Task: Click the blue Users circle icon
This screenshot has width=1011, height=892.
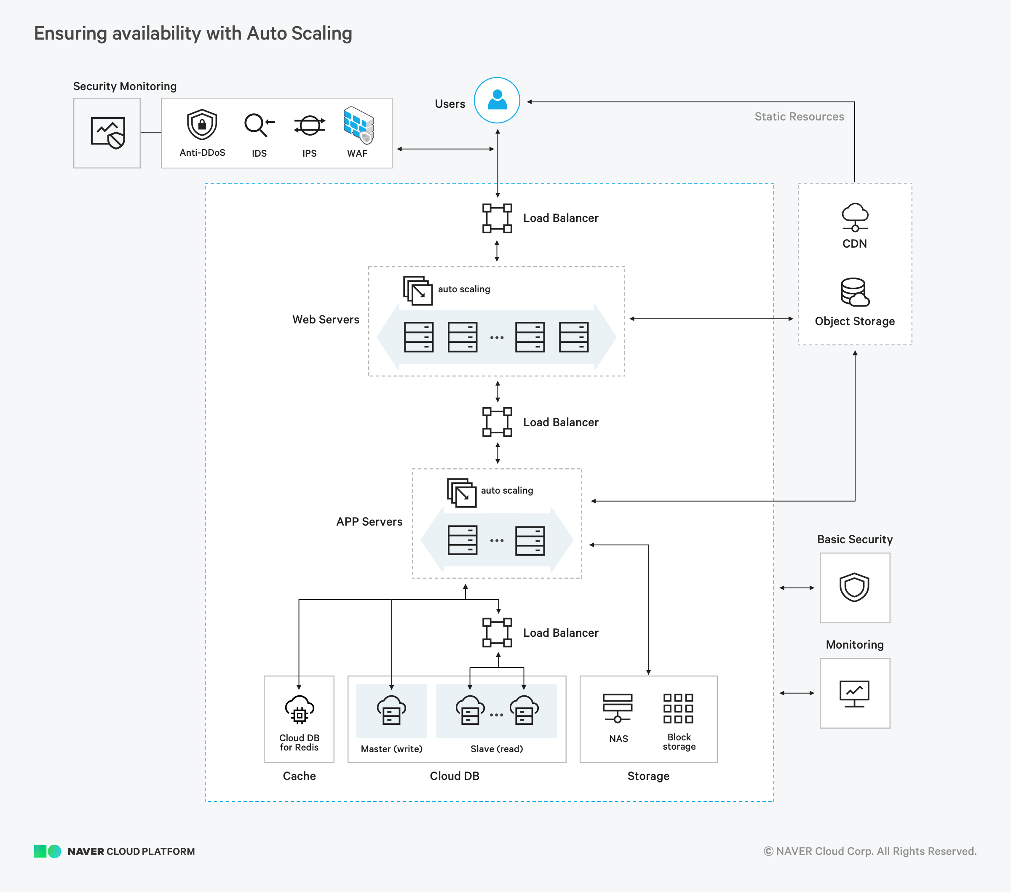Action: pos(497,100)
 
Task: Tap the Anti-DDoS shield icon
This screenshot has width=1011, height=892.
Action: pos(202,125)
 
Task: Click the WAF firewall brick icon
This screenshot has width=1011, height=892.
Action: pos(358,125)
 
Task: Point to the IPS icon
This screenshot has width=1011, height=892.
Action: pos(310,125)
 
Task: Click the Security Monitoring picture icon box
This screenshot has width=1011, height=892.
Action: pos(107,133)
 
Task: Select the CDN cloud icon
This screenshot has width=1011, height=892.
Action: pos(855,217)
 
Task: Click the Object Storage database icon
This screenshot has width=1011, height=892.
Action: pos(855,292)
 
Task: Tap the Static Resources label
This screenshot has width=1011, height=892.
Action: pos(799,117)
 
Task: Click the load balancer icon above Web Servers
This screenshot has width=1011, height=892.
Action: pos(497,218)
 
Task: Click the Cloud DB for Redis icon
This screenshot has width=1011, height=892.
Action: pos(299,710)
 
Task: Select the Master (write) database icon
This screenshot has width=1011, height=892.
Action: pos(391,710)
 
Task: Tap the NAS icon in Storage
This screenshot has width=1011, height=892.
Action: pos(617,708)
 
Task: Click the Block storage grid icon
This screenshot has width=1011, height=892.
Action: pos(678,708)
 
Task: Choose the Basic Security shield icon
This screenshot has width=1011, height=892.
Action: pos(854,588)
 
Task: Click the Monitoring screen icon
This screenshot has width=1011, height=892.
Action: pos(854,693)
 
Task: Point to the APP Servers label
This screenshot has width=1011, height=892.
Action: pos(369,522)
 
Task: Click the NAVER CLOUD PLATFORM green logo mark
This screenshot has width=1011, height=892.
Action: pos(48,851)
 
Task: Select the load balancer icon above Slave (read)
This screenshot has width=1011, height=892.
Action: pos(497,633)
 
